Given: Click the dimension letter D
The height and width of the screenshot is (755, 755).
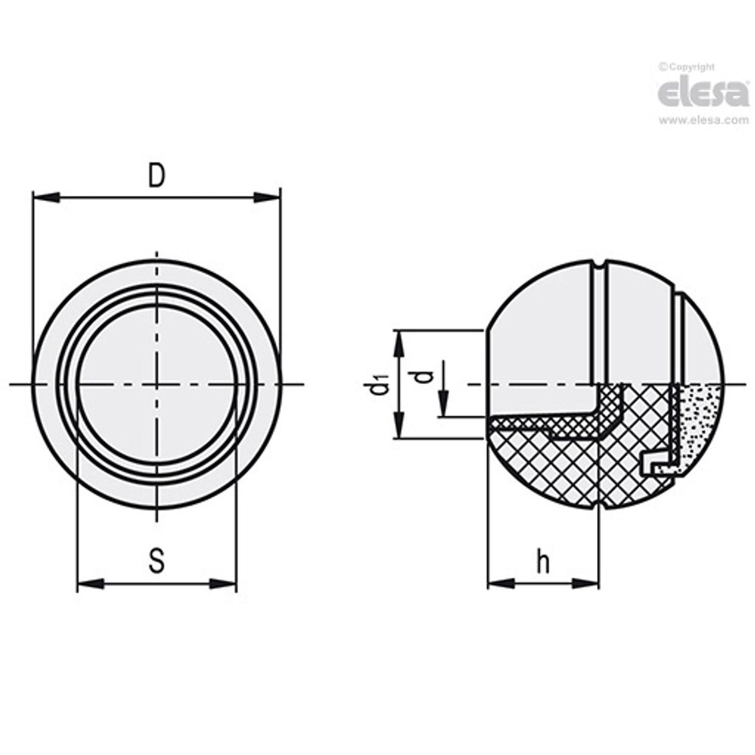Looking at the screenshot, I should click(157, 176).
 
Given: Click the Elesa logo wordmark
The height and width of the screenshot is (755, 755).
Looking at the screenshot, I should click(703, 93).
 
